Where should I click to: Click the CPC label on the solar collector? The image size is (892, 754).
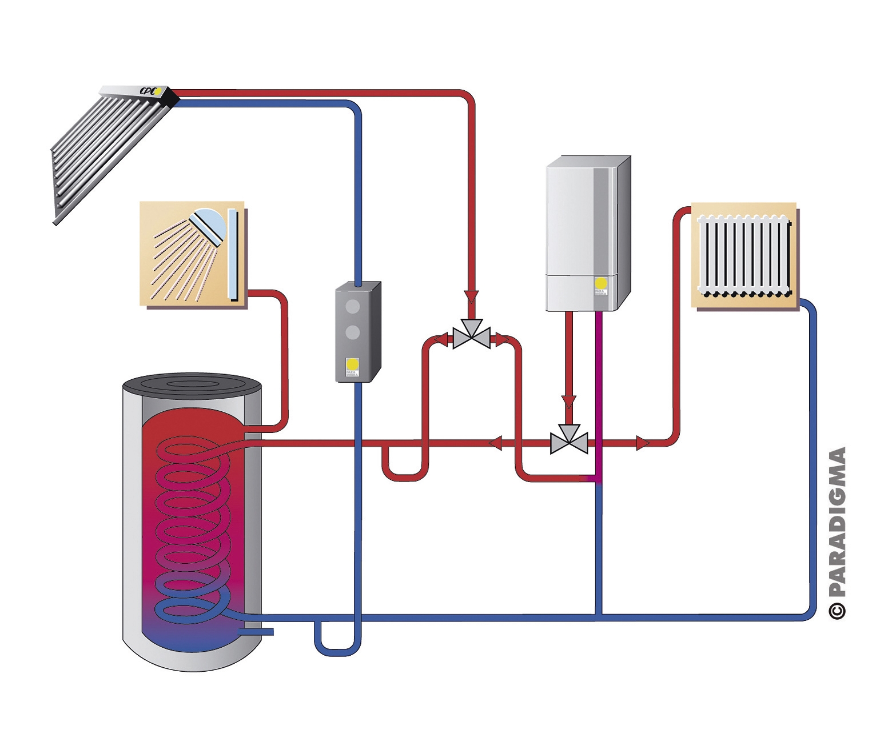point(148,91)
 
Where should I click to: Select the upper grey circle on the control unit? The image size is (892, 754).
point(353,306)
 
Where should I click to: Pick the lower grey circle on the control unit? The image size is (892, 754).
point(353,332)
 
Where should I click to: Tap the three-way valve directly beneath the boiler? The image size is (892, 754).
point(569,440)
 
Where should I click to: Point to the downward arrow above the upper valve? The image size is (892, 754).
point(471,297)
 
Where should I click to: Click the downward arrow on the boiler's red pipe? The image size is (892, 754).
point(568,402)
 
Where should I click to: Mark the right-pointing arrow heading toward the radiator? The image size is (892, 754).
point(643,443)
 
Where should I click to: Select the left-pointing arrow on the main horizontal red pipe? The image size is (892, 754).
point(495,443)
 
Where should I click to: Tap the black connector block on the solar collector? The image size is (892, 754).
point(170,98)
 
